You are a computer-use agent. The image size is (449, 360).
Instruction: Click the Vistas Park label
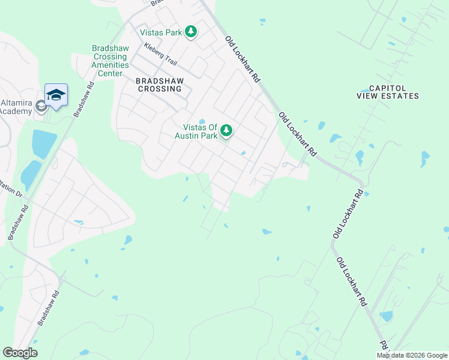tap(161, 32)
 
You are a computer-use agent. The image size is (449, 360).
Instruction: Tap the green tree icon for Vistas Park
tap(191, 31)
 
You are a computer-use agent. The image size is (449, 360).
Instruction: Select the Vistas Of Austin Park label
tap(196, 131)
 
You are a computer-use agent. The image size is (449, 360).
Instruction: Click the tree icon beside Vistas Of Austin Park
tap(226, 130)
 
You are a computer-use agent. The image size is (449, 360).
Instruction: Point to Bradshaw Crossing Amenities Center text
tap(110, 61)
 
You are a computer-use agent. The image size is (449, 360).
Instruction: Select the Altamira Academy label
tap(16, 106)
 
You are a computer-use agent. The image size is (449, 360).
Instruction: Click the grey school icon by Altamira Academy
tap(41, 107)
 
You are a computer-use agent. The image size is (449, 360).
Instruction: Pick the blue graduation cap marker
tap(56, 95)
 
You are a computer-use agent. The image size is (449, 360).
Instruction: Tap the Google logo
tap(20, 353)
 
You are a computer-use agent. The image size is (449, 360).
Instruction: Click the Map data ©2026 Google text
tap(412, 355)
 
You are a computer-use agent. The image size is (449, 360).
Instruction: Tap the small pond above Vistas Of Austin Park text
tap(202, 120)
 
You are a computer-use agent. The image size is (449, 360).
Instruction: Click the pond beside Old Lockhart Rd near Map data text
tap(386, 316)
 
